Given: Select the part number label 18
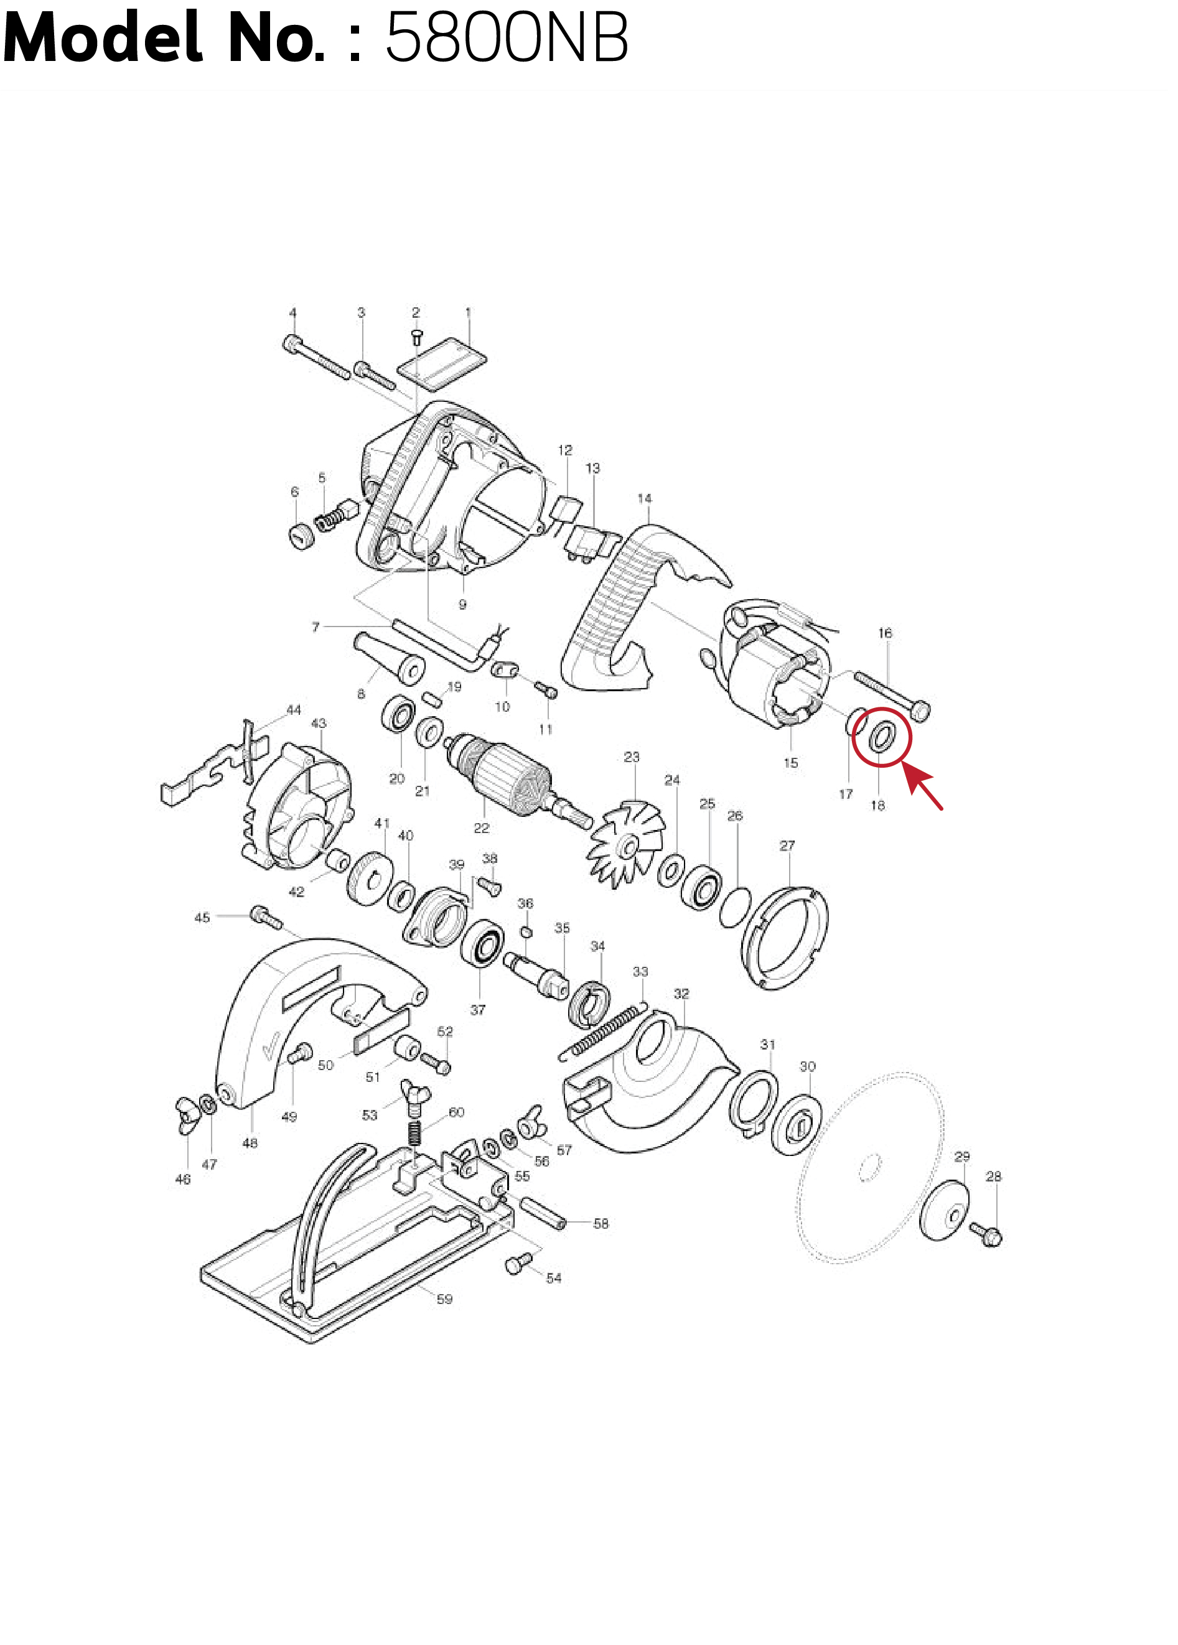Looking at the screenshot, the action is (x=877, y=805).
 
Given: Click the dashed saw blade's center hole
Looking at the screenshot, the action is (x=870, y=1168).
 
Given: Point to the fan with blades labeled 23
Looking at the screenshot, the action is (x=625, y=844).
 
